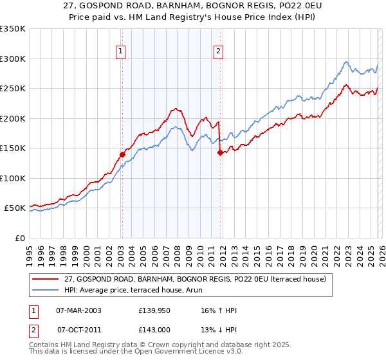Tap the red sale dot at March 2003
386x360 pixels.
pos(122,154)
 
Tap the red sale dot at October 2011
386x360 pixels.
pos(220,152)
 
